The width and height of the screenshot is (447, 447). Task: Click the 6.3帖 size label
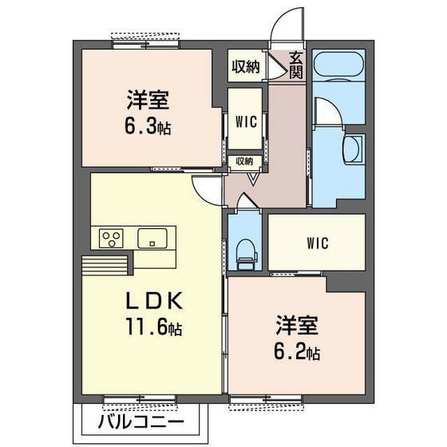pyautogui.click(x=148, y=128)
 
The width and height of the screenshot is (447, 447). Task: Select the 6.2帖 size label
pyautogui.click(x=299, y=351)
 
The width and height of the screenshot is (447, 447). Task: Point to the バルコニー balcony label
pyautogui.click(x=143, y=421)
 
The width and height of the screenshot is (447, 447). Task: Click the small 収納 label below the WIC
pyautogui.click(x=243, y=161)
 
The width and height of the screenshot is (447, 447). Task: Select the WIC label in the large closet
pyautogui.click(x=315, y=243)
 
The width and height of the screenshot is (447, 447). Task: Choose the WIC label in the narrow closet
pyautogui.click(x=244, y=122)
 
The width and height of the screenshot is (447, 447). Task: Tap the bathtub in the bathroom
pyautogui.click(x=338, y=75)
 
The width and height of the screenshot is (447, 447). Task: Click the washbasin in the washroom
pyautogui.click(x=352, y=148)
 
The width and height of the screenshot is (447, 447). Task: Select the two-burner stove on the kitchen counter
pyautogui.click(x=111, y=238)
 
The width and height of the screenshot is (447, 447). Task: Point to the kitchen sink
pyautogui.click(x=152, y=238)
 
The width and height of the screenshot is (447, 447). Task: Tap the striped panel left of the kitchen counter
pyautogui.click(x=104, y=264)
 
